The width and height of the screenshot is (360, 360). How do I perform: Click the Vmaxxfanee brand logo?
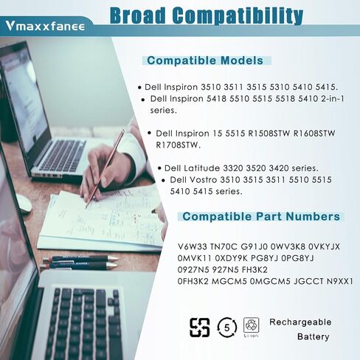(45, 26)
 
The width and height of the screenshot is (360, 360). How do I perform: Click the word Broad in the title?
(138, 15)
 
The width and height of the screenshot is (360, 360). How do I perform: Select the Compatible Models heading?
(205, 60)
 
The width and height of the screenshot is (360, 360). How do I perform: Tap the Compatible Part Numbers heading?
(261, 216)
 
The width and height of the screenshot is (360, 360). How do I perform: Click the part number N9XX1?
(340, 281)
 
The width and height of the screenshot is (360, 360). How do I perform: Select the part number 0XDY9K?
(231, 258)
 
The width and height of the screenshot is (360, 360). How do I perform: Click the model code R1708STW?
(179, 145)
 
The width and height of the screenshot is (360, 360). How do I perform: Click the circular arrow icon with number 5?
(226, 328)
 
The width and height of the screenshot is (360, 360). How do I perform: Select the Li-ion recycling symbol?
(251, 327)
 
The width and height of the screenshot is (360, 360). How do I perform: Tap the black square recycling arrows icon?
(200, 328)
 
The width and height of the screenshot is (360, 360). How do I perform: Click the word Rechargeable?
(300, 322)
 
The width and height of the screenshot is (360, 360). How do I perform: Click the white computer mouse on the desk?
(24, 204)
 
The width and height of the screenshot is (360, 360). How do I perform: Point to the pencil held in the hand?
(104, 169)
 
